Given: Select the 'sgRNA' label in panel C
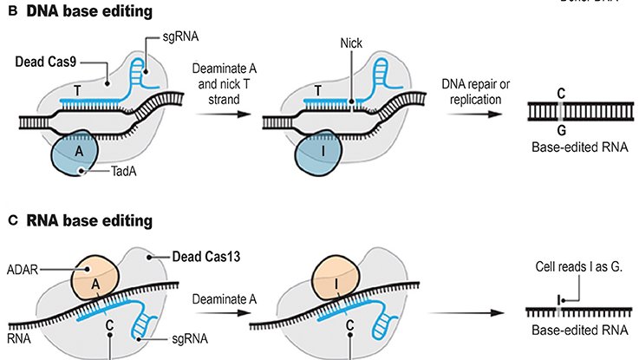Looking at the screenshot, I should [x=165, y=342].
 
